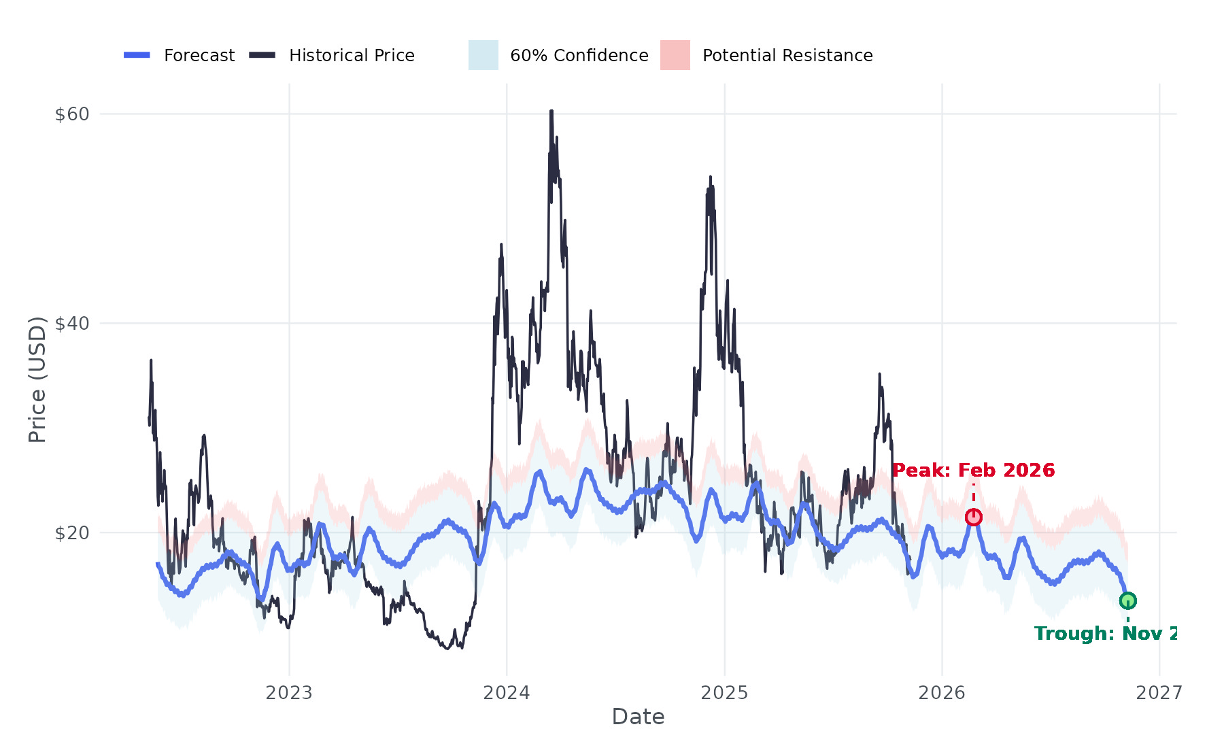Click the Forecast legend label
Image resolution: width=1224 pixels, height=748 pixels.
(199, 55)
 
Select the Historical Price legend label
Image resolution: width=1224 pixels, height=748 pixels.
(352, 55)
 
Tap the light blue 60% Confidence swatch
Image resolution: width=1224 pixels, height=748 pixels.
(483, 55)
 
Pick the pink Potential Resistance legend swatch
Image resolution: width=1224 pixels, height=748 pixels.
(675, 55)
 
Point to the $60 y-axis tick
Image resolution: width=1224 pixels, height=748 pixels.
(72, 114)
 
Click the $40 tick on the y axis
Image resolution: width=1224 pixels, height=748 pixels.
(72, 324)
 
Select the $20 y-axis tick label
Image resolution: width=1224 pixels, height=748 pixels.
(72, 533)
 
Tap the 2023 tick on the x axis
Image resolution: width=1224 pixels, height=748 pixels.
(289, 693)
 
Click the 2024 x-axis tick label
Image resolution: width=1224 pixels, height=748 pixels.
(507, 693)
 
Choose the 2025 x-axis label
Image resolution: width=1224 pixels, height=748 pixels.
(724, 693)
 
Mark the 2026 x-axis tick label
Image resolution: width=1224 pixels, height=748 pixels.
(942, 693)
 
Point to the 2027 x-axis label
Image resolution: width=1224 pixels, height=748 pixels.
(1159, 693)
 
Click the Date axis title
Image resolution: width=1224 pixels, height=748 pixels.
(638, 717)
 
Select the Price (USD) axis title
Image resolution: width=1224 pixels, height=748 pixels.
(37, 379)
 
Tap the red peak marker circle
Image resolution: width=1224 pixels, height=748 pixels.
(973, 517)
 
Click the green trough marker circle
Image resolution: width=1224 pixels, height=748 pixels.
(1127, 600)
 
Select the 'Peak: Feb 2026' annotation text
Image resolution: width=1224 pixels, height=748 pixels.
(973, 471)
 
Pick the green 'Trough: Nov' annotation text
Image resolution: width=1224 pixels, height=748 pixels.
(1105, 634)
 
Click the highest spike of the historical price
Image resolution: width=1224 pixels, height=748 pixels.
(551, 111)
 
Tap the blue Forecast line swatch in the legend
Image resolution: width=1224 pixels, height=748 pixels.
(137, 55)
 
